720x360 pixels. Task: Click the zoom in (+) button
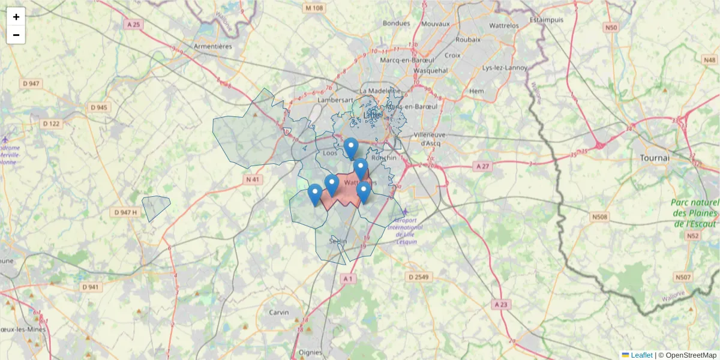[16, 17]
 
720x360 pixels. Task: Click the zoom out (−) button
[16, 35]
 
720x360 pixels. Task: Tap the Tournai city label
[654, 158]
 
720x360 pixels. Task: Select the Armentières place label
[212, 46]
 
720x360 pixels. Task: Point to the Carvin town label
[278, 313]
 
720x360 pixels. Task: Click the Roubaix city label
[468, 40]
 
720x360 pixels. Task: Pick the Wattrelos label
[504, 26]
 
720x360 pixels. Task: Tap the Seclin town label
[338, 241]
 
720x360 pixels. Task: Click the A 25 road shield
[133, 25]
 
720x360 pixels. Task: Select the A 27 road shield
[481, 166]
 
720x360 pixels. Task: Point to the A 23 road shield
[500, 305]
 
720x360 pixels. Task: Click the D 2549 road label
[418, 277]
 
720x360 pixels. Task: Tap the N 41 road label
[253, 179]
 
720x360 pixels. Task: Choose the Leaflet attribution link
[641, 355]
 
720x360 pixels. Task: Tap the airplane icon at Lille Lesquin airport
[406, 212]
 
